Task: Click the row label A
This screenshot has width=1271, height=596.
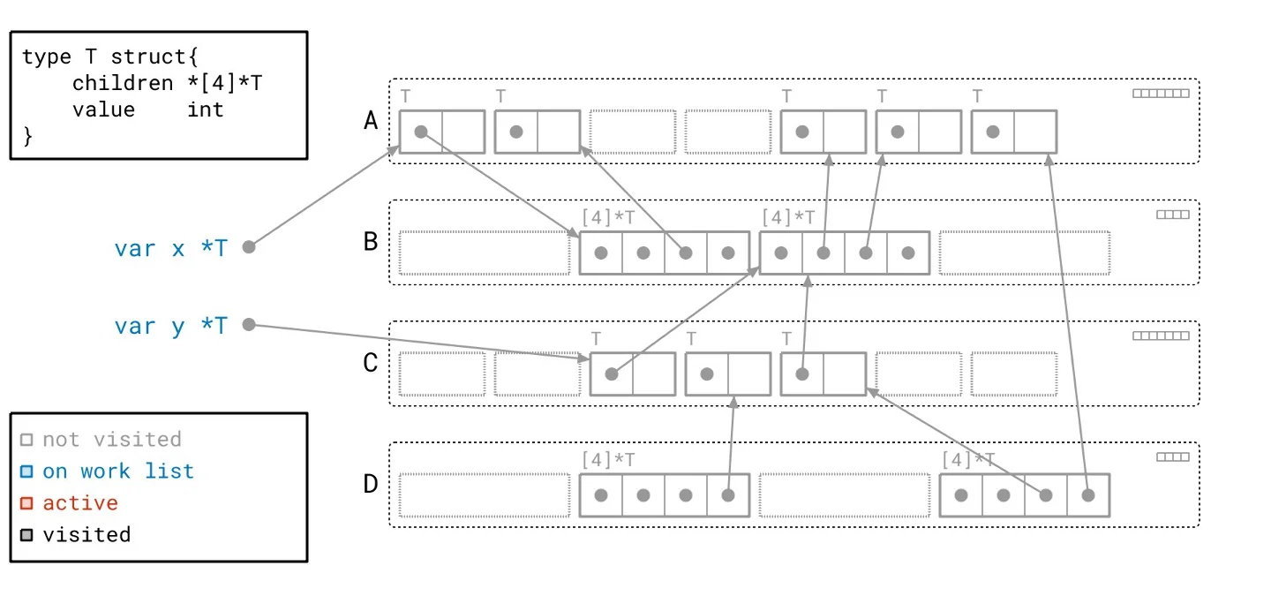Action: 372,121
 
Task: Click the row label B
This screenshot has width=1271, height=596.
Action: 372,241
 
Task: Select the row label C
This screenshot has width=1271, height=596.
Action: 372,363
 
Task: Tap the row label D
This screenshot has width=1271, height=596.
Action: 372,484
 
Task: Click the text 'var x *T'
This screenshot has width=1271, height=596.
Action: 170,248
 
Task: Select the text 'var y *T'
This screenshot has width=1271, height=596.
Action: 170,326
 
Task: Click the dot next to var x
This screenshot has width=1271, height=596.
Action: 249,247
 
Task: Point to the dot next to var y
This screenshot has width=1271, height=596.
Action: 249,325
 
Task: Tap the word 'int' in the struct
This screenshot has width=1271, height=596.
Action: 205,109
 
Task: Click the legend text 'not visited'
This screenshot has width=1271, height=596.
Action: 111,439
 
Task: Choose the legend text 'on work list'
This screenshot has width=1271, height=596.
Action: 118,471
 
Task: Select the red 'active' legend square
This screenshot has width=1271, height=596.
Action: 26,503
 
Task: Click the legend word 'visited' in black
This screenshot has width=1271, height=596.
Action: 86,534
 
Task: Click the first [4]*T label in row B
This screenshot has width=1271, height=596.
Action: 608,216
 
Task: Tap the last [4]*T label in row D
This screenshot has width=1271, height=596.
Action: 968,459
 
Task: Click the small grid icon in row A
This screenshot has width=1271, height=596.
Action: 1161,93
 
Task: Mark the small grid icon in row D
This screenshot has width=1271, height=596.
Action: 1173,456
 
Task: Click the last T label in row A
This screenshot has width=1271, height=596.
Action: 977,95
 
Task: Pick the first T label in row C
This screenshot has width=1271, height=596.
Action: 596,338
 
